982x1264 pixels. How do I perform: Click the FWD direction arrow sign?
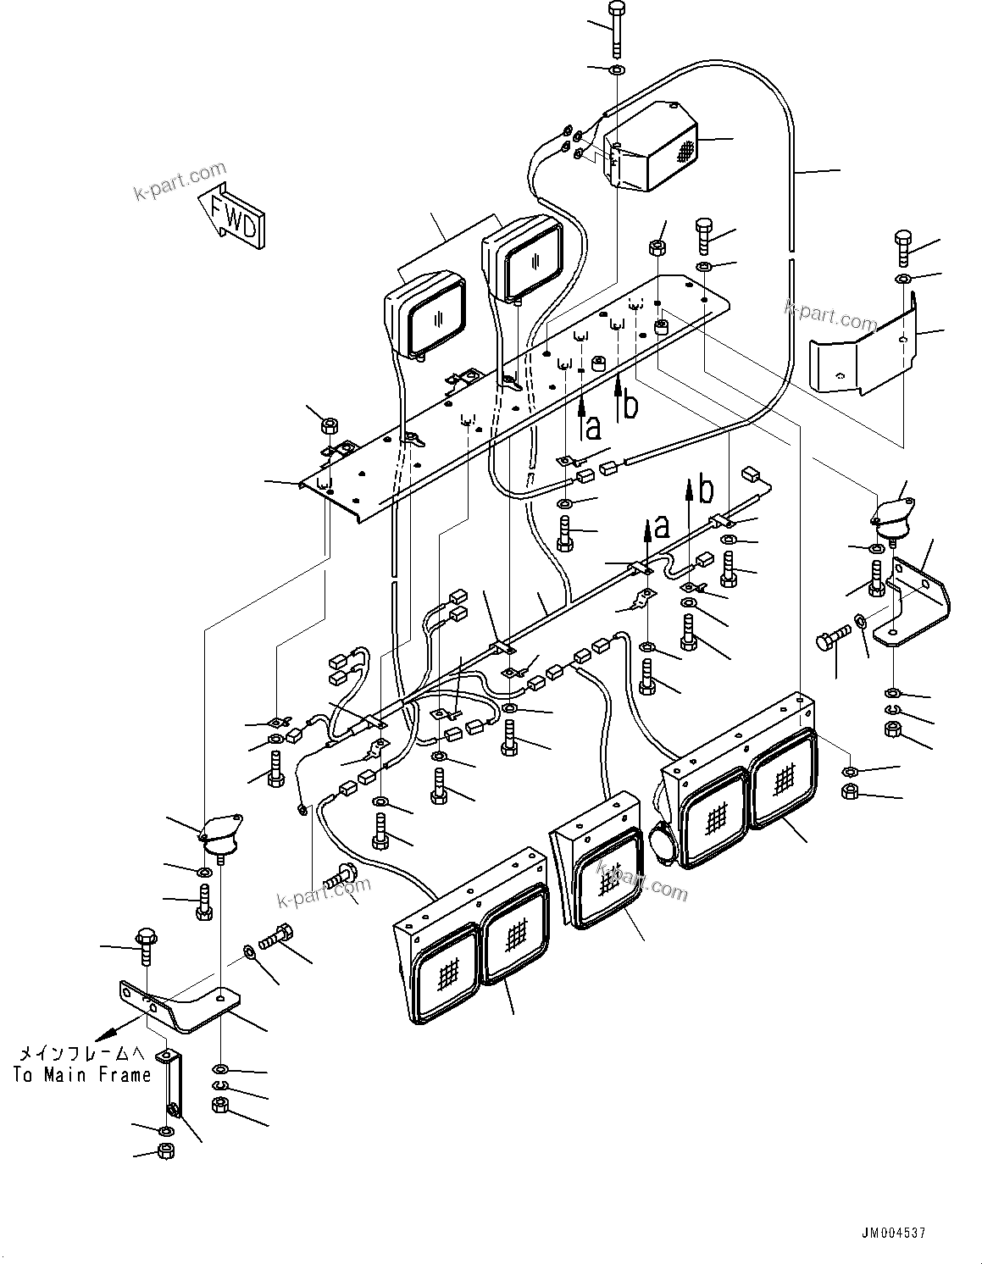tap(231, 216)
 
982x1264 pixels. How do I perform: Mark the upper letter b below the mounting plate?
tap(629, 406)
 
